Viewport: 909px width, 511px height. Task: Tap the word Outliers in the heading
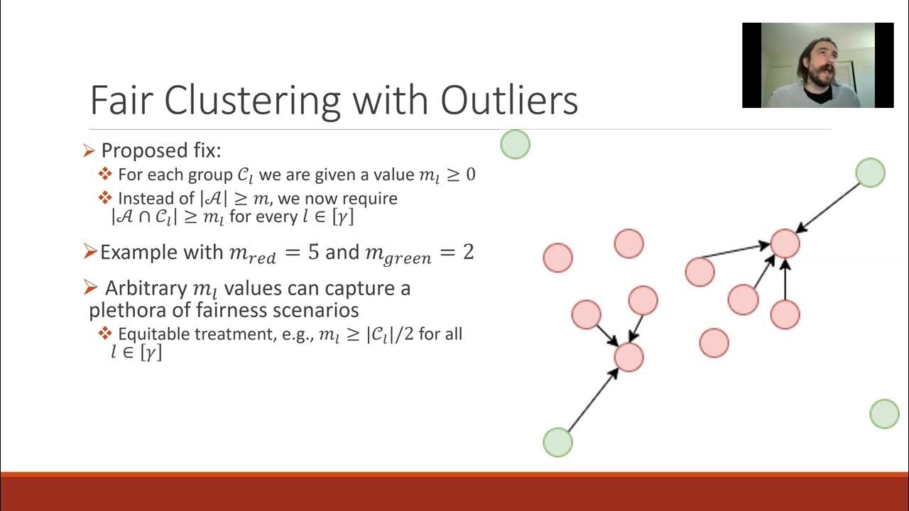click(x=509, y=100)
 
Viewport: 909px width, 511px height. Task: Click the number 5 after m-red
click(x=313, y=252)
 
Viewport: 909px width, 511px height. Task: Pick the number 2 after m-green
click(x=468, y=252)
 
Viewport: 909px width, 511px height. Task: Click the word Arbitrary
click(x=146, y=289)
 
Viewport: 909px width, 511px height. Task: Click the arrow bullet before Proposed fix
click(x=89, y=150)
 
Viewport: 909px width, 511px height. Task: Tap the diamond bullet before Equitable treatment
click(x=105, y=334)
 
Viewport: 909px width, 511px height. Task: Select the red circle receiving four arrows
click(x=785, y=243)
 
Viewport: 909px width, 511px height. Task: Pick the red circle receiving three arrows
click(x=628, y=357)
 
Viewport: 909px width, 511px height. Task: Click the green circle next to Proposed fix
click(x=515, y=145)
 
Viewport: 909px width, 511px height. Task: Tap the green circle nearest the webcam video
click(x=870, y=173)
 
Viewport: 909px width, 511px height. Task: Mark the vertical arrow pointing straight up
click(x=785, y=280)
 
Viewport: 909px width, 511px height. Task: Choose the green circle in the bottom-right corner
click(x=884, y=414)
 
